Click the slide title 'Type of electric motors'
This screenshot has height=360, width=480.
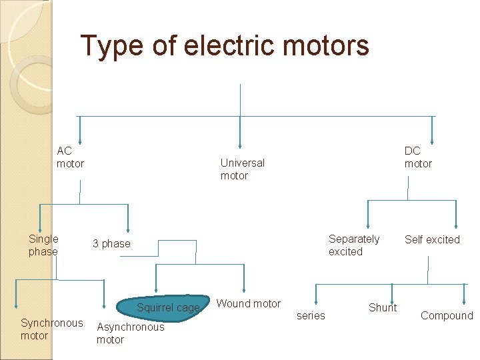point(225,46)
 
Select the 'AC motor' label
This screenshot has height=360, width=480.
point(70,157)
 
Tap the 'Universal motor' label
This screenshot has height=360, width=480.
point(242,169)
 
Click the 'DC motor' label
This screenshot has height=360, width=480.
point(418,157)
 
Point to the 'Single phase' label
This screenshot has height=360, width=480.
point(43,245)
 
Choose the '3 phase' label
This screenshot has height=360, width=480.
point(111,244)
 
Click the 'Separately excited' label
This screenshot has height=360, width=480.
point(353,245)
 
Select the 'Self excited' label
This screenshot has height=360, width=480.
point(432,239)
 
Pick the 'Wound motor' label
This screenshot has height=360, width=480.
point(249,304)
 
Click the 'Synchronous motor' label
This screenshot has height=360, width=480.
point(51,329)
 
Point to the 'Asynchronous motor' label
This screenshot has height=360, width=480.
point(130,333)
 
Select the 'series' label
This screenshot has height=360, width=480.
point(311,316)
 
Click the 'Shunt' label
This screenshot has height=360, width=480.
point(383,308)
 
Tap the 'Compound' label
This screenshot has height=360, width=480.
point(447,316)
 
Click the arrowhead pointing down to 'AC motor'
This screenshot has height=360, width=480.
point(79,139)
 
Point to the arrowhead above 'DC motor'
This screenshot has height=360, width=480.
point(432,139)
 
